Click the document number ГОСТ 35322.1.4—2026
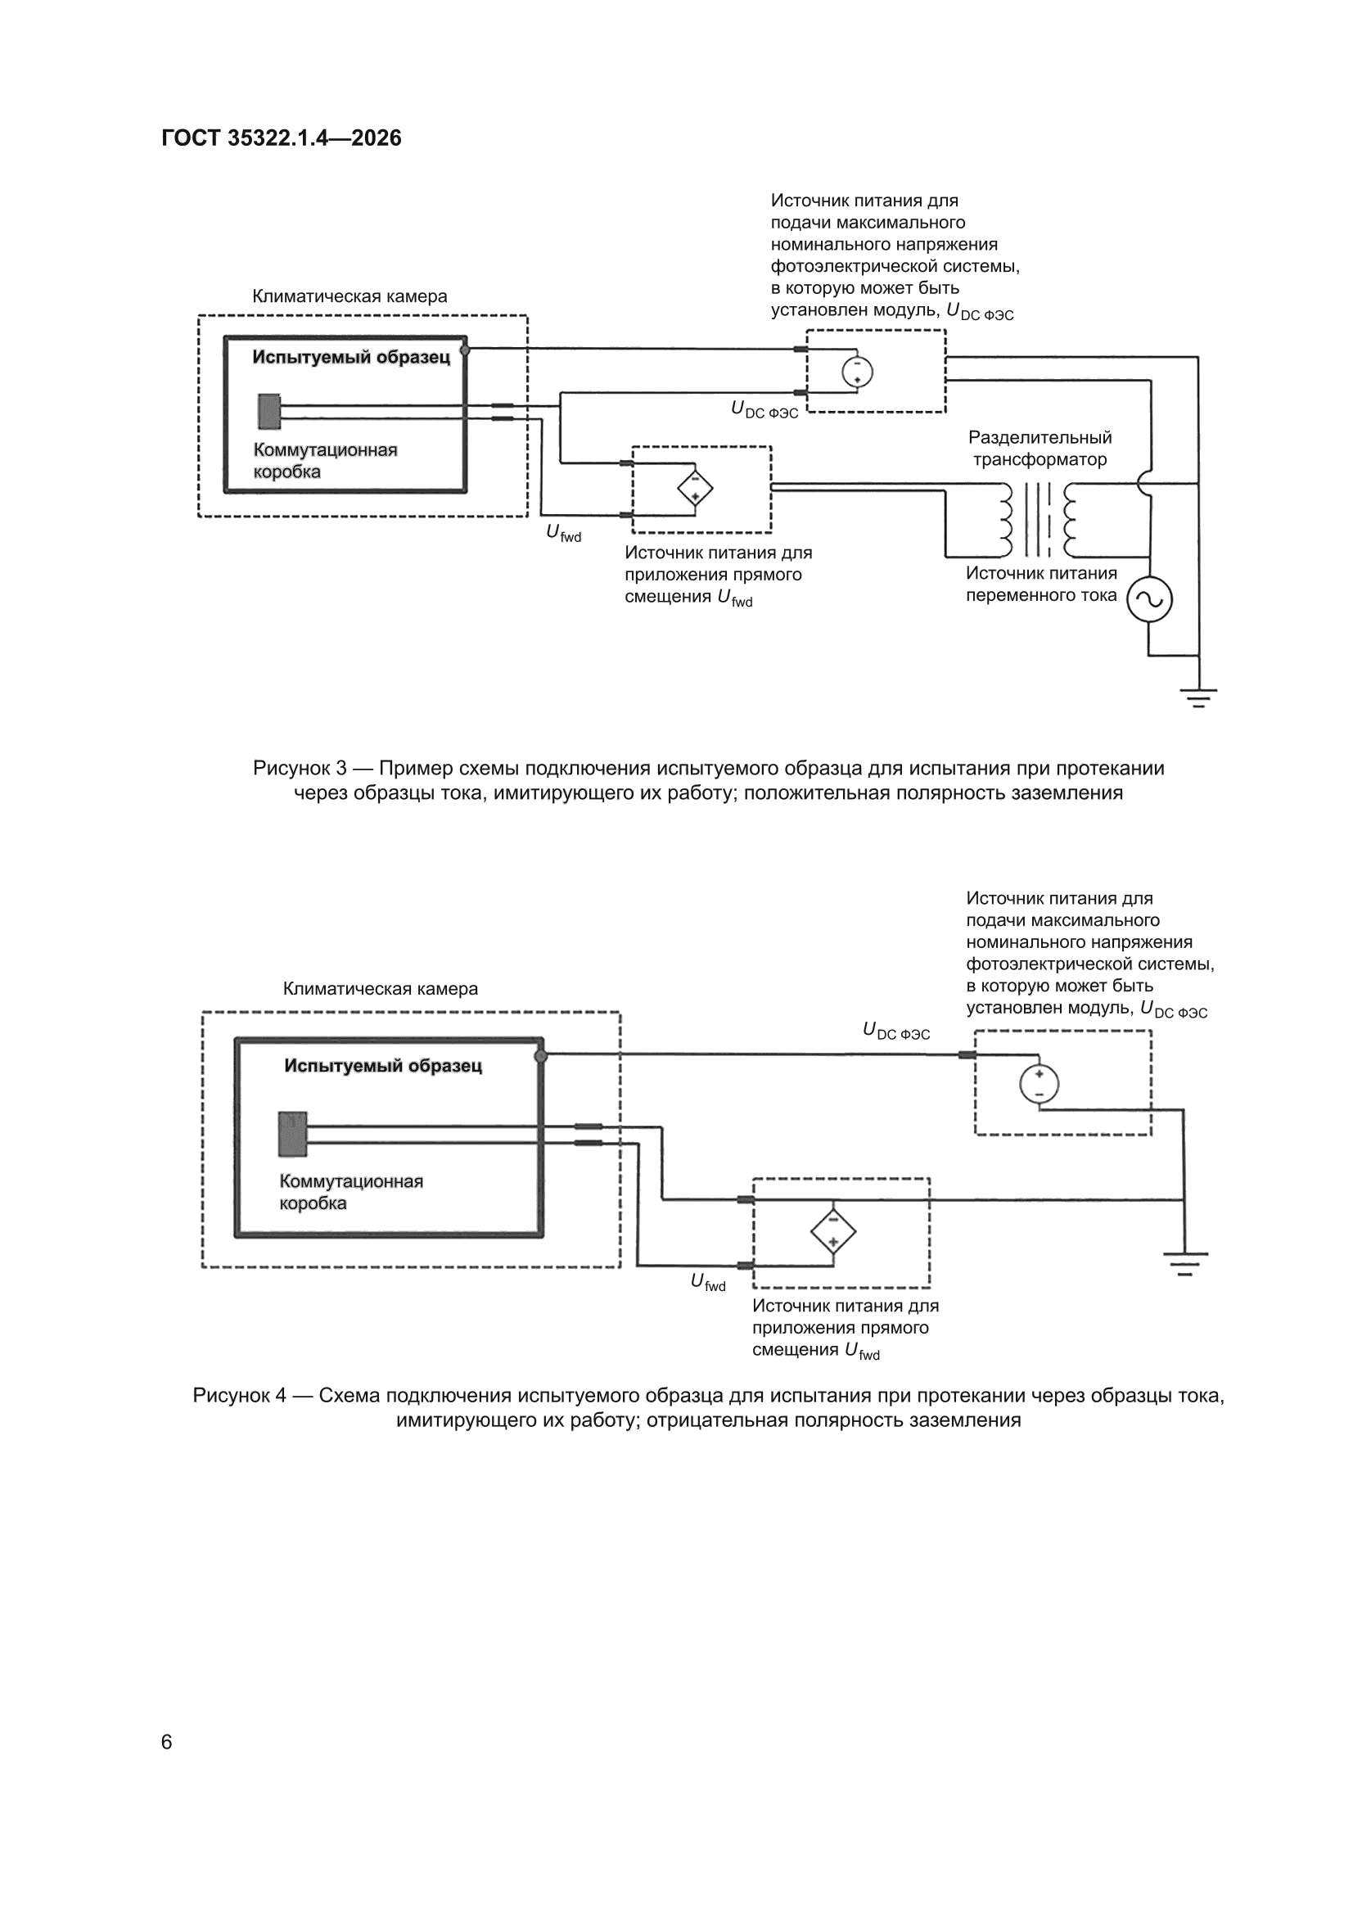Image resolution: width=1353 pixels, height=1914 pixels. [282, 138]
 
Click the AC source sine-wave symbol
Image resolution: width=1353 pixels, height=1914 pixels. [1148, 599]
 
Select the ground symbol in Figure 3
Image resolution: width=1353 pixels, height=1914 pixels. [1198, 697]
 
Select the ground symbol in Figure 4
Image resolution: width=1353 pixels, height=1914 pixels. [1184, 1264]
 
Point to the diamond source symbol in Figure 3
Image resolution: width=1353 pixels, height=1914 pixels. [693, 490]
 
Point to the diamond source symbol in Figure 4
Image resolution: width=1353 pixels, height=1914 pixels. [832, 1230]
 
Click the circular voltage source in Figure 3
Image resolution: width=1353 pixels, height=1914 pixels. [856, 371]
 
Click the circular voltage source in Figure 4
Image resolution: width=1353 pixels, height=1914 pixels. [1040, 1085]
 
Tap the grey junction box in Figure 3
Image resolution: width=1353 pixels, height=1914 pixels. [268, 411]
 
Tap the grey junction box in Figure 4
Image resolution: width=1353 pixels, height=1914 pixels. [292, 1134]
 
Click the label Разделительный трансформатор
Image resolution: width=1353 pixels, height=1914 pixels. [1040, 449]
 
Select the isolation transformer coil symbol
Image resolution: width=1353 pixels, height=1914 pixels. [1039, 519]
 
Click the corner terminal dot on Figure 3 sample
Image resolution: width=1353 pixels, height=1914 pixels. [465, 350]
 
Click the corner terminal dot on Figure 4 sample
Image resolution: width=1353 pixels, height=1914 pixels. [541, 1056]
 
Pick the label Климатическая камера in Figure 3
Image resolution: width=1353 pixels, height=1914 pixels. [350, 296]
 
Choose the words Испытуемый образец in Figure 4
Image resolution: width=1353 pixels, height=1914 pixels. [384, 1065]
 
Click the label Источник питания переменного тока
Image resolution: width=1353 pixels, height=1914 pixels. [1041, 585]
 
